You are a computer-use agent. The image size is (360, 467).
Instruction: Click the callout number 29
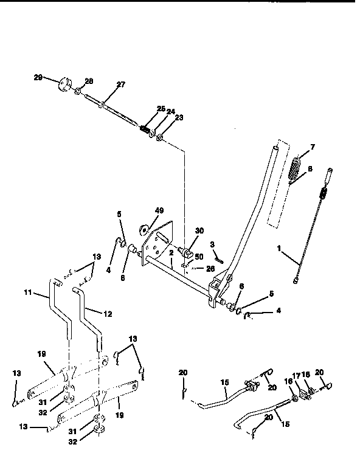[38, 78]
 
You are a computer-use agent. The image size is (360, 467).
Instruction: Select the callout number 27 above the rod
[120, 85]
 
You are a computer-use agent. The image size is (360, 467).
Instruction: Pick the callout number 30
[199, 230]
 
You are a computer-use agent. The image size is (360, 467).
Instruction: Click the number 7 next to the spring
[312, 148]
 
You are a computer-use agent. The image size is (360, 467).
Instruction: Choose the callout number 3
[212, 244]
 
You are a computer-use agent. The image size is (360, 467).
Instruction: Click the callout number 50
[198, 257]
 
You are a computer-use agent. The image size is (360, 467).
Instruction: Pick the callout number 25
[161, 108]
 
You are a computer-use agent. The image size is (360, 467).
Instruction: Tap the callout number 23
[179, 119]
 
